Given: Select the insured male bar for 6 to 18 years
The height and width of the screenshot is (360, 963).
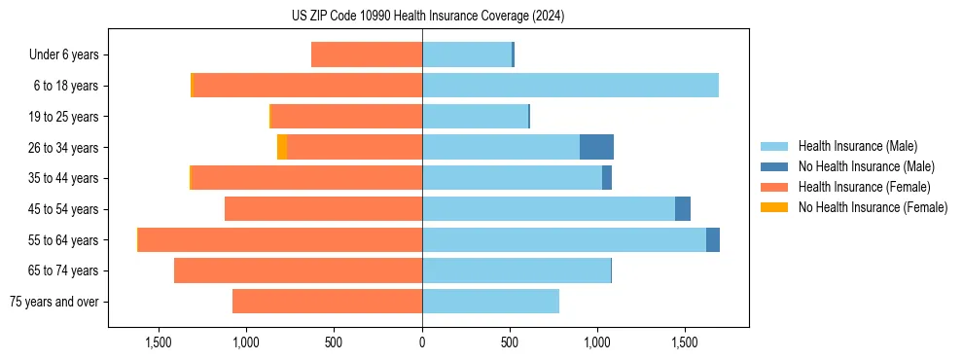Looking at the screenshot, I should (x=570, y=86).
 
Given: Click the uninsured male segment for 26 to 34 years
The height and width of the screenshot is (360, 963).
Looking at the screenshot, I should (x=596, y=147).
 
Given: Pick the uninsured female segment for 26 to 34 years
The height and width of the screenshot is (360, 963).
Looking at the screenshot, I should (x=282, y=147).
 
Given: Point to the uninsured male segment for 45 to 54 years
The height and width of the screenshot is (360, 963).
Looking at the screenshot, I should (x=683, y=208).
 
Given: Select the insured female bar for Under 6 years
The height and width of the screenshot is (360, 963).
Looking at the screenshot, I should (x=367, y=54).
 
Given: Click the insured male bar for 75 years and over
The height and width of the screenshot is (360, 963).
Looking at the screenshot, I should (x=490, y=302).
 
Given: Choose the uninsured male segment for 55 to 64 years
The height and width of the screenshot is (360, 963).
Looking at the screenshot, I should (x=713, y=239).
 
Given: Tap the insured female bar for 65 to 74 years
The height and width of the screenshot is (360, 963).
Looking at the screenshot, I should (x=298, y=270).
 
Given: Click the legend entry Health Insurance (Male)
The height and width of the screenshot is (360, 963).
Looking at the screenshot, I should (x=857, y=146).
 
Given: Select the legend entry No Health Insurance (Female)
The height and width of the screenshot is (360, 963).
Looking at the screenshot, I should (x=873, y=207).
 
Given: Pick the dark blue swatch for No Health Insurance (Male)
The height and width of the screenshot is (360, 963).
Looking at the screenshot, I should (x=775, y=166).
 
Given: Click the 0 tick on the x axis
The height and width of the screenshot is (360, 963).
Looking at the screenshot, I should (x=422, y=342).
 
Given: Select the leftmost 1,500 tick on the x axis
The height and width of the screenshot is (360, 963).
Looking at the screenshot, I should (x=159, y=342).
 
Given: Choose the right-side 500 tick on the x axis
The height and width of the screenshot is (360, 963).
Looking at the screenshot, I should (x=510, y=342).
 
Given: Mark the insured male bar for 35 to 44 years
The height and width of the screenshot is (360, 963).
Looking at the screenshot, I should (x=512, y=178).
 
